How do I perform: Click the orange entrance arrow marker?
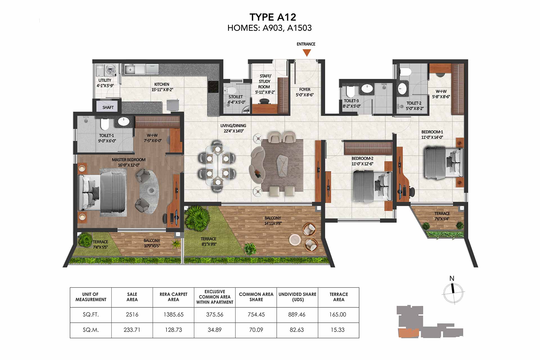[307, 53]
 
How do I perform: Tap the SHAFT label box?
[108, 107]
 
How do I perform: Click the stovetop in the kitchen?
[213, 87]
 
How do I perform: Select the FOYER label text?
[305, 89]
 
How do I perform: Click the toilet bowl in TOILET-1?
[104, 124]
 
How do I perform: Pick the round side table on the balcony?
[295, 240]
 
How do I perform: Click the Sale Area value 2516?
[132, 314]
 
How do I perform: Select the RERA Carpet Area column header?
[173, 297]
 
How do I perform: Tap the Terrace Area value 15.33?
[337, 330]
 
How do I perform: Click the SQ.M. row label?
[91, 330]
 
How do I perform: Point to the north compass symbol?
[453, 291]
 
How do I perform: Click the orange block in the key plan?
[409, 333]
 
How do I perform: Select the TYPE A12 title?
[273, 17]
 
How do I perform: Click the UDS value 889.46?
[297, 314]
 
